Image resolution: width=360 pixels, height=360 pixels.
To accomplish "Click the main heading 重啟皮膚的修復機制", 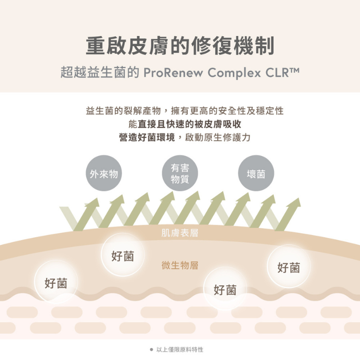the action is click(180, 46).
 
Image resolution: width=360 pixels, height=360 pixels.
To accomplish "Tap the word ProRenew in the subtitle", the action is click(173, 72).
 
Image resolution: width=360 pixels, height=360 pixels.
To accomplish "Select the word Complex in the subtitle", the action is click(234, 73).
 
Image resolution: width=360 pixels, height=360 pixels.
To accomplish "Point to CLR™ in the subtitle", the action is click(282, 72).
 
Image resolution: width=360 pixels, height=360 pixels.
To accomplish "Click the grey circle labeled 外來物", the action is click(104, 173).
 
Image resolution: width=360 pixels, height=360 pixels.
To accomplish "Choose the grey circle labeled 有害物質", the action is click(180, 173).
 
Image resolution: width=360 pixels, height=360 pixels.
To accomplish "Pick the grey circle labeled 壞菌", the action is click(256, 173).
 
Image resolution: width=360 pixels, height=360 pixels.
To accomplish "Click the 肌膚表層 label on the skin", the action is click(180, 233).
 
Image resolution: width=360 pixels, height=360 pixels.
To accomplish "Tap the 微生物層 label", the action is click(180, 265).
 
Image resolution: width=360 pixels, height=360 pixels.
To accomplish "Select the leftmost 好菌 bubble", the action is click(56, 282).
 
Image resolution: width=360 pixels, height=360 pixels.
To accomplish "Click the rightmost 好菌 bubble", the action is click(288, 266).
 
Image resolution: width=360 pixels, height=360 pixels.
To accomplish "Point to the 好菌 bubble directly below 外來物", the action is click(123, 254).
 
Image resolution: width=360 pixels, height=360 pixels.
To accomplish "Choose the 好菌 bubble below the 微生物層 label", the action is click(225, 288).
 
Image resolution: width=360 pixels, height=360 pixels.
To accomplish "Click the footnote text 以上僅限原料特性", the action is click(180, 349).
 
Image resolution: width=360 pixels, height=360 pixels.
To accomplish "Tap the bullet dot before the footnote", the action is click(151, 349).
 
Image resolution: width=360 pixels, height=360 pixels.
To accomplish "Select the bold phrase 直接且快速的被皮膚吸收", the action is click(190, 124).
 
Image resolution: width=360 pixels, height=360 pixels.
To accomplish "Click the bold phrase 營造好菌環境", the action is click(147, 137).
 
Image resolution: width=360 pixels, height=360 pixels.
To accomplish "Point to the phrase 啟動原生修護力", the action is click(217, 137).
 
